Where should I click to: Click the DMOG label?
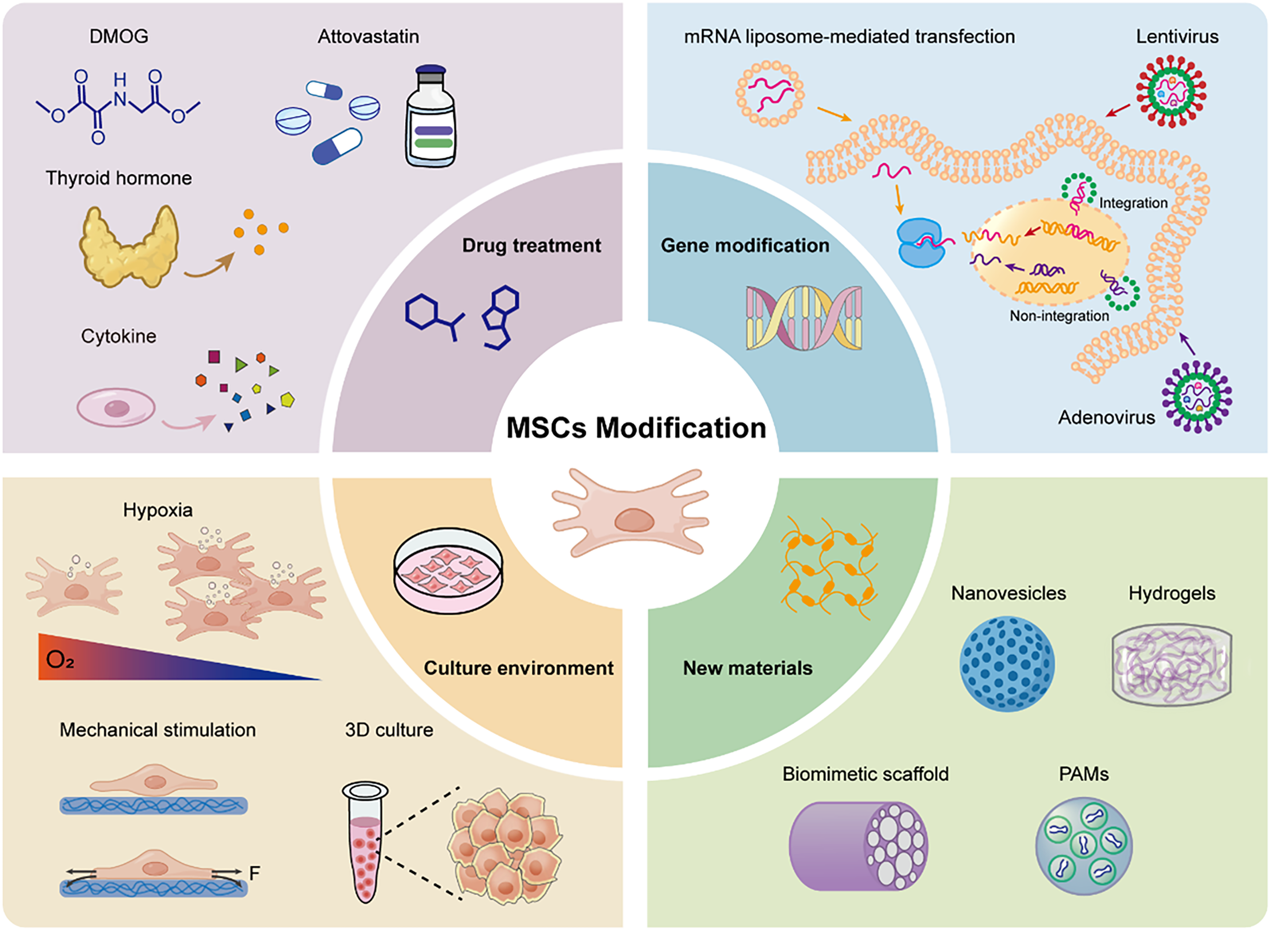pyautogui.click(x=119, y=37)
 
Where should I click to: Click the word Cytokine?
pyautogui.click(x=118, y=337)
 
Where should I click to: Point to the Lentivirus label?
pyautogui.click(x=1177, y=37)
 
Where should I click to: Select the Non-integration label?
pyautogui.click(x=1059, y=316)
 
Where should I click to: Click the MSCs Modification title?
pyautogui.click(x=636, y=428)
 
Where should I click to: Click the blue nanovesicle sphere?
pyautogui.click(x=1007, y=663)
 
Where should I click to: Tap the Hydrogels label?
pyautogui.click(x=1172, y=593)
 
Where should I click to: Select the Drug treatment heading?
pyautogui.click(x=531, y=246)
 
